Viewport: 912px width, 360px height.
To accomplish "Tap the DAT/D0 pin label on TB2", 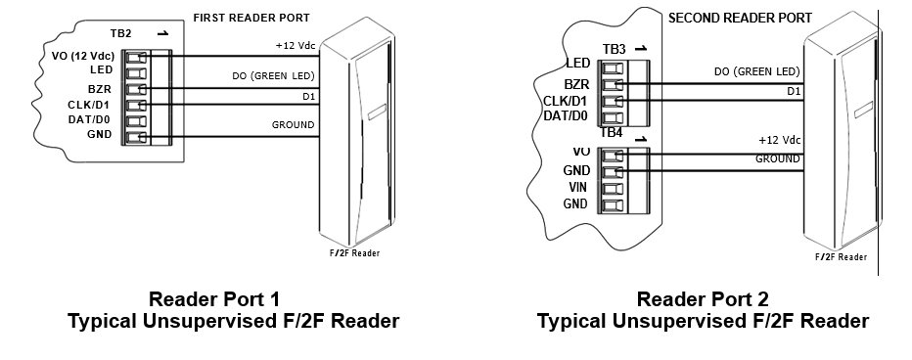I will click(x=94, y=119).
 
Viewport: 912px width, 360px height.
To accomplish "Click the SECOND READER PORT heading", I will click(x=726, y=18).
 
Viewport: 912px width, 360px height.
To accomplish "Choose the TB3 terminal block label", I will click(x=615, y=49).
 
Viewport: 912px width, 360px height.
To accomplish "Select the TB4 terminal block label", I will click(x=612, y=132).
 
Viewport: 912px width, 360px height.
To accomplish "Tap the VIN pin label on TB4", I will click(x=576, y=187).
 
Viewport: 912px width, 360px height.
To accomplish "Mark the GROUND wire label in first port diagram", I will click(x=293, y=125).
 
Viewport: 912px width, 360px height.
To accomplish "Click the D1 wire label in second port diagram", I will click(x=794, y=91).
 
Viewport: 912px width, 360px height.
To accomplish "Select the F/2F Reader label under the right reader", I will click(x=841, y=256).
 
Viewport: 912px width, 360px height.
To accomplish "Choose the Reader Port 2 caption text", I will click(x=703, y=298).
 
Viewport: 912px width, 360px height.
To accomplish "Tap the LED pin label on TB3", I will click(x=576, y=64).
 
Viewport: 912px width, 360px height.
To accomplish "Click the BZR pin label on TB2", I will click(x=101, y=87).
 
